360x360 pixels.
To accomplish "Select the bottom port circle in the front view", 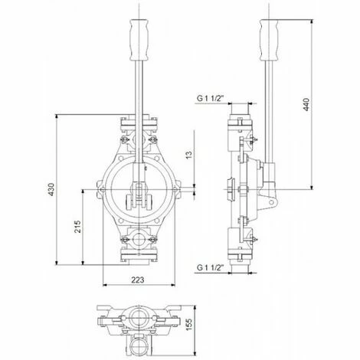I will pos(139,244).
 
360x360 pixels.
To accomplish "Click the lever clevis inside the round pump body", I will pos(139,195).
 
